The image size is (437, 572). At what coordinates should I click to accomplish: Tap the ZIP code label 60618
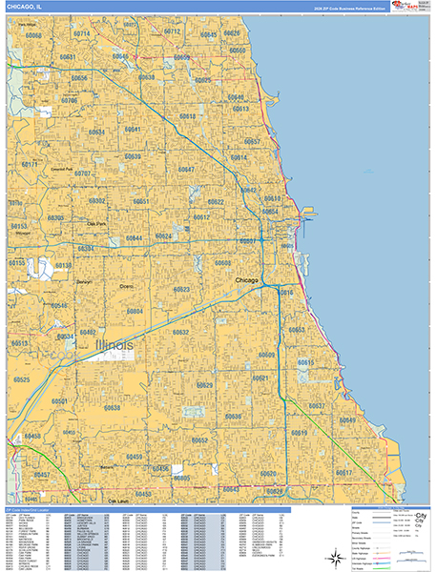(x=187, y=116)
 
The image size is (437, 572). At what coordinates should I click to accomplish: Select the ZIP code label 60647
(x=186, y=169)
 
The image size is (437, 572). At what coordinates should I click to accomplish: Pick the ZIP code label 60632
(x=180, y=333)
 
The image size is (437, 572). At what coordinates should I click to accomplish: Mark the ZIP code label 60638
(x=113, y=407)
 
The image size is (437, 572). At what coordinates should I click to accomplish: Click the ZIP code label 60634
(x=97, y=132)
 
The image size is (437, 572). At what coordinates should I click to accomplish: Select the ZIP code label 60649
(x=347, y=419)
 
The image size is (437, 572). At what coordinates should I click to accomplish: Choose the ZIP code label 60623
(x=181, y=289)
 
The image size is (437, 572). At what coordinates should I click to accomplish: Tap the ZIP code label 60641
(x=133, y=129)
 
